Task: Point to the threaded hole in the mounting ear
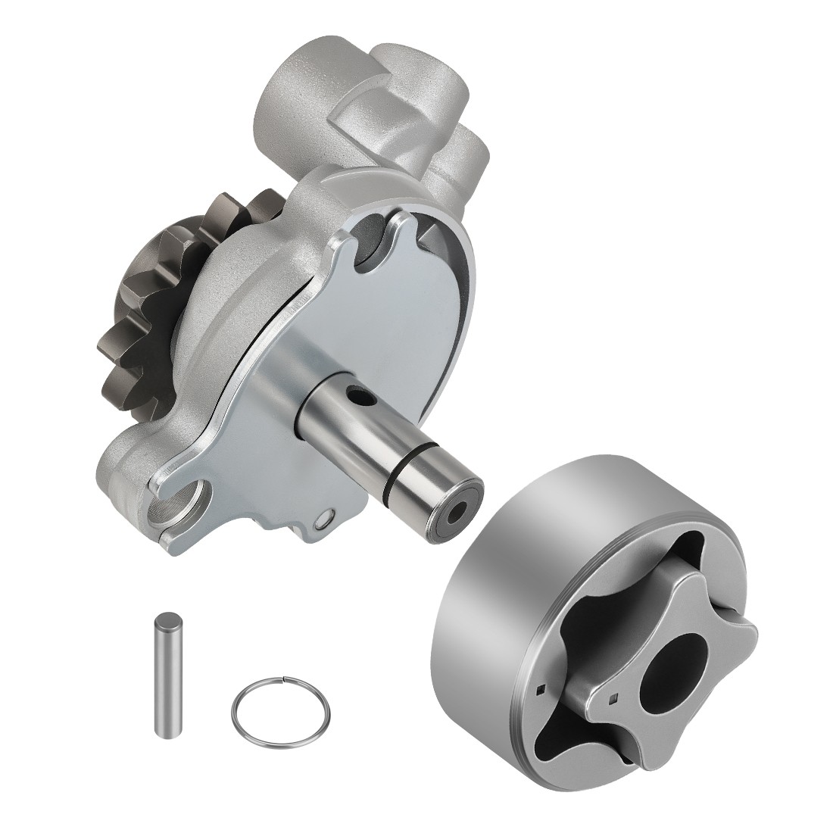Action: click(179, 501)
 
